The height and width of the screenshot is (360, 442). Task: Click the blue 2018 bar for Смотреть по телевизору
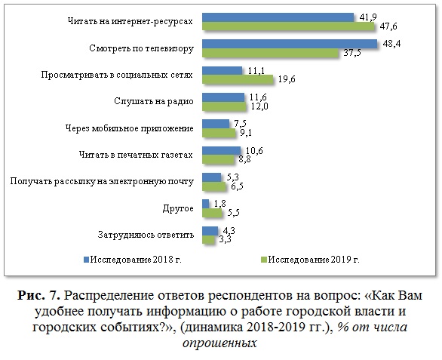(290, 44)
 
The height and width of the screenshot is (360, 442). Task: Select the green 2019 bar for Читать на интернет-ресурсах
(288, 26)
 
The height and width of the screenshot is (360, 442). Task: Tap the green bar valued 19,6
(238, 79)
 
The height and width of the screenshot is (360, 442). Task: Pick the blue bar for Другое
(206, 204)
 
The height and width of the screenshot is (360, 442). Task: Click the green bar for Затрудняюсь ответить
(209, 239)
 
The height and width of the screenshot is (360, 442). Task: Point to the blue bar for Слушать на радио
(223, 97)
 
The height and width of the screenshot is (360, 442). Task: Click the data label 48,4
(391, 44)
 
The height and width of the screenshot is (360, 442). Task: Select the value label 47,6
(388, 26)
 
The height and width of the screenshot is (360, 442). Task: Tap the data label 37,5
(352, 53)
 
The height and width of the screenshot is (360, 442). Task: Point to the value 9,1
(246, 133)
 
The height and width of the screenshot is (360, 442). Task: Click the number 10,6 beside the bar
(254, 151)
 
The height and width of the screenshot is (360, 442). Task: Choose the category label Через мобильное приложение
(130, 128)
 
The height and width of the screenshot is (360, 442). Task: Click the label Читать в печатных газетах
(136, 155)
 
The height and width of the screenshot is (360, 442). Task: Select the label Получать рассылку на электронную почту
(102, 181)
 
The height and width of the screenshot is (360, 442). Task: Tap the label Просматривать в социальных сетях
(117, 75)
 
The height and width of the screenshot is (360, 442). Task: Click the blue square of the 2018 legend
(86, 260)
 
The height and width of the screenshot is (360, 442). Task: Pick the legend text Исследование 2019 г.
(314, 260)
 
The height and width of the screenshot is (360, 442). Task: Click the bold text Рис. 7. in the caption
(39, 296)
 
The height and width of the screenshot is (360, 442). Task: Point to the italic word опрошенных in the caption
(219, 343)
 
